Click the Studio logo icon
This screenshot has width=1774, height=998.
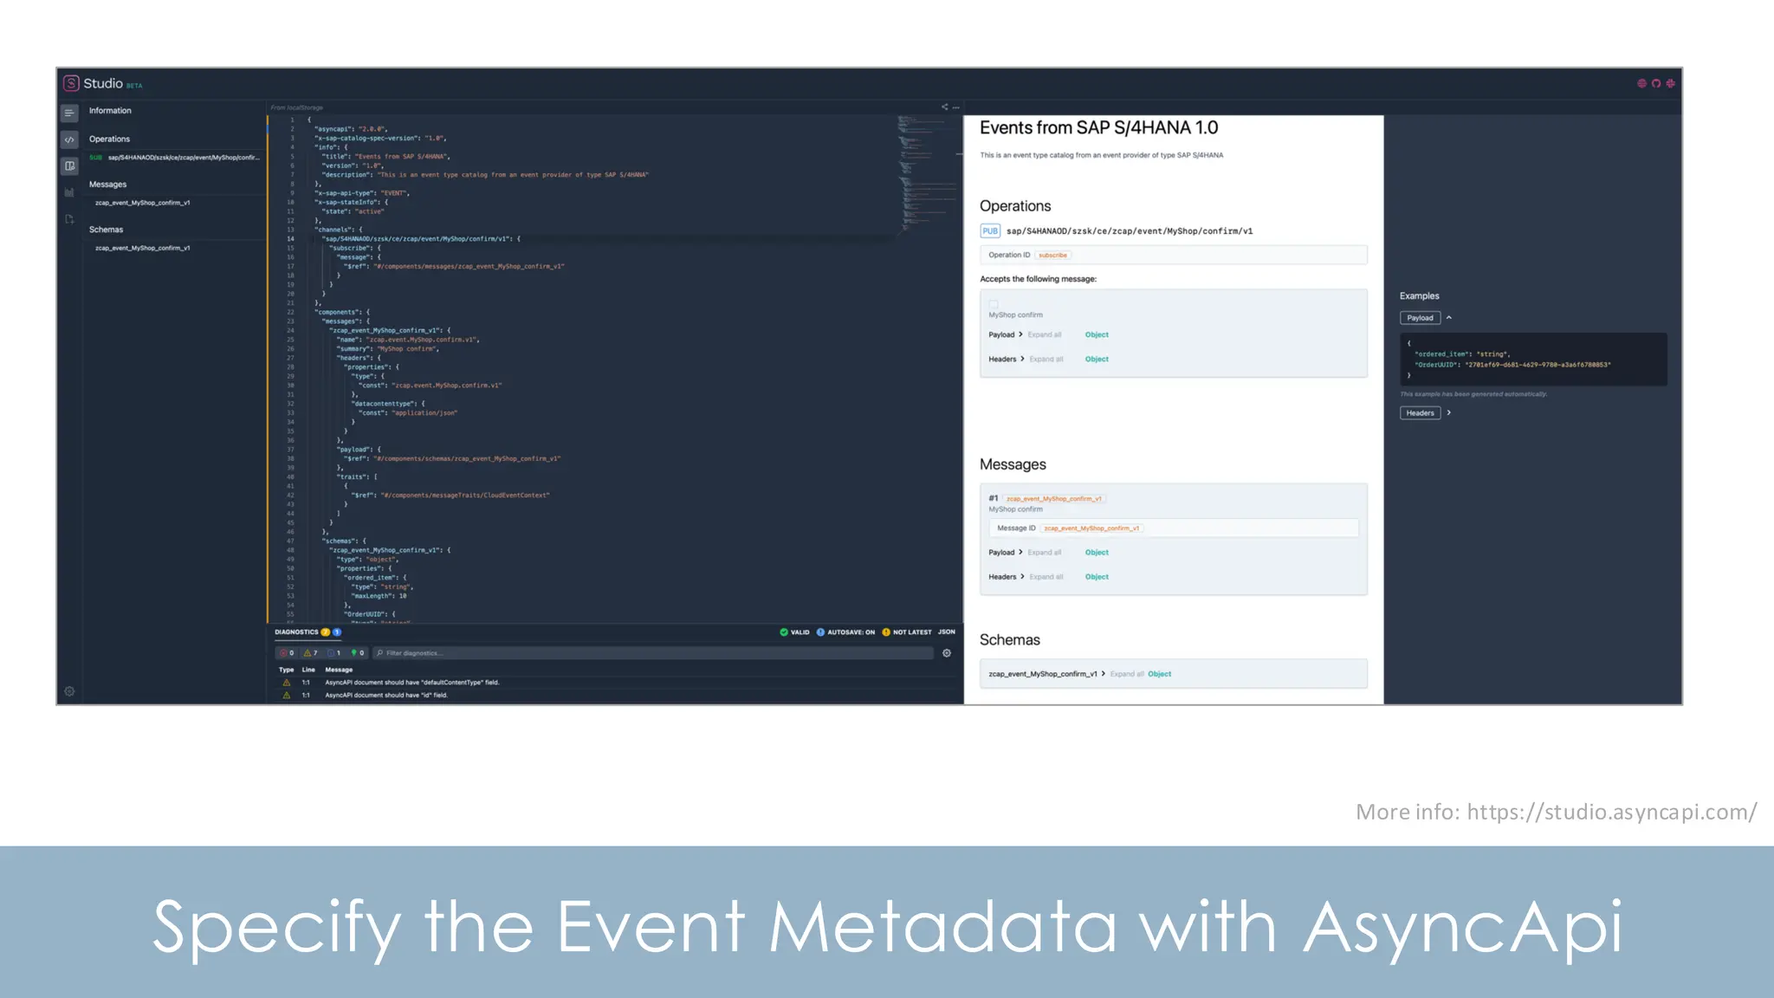[71, 83]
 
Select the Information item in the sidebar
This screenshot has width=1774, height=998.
[110, 111]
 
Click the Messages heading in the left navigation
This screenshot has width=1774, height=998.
[107, 185]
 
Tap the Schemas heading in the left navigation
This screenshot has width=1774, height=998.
[106, 230]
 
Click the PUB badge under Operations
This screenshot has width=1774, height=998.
[990, 231]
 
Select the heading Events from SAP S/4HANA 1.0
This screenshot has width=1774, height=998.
[1098, 128]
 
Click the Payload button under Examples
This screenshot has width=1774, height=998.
[1420, 318]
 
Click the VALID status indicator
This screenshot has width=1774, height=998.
[794, 632]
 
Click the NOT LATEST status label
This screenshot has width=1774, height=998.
[907, 632]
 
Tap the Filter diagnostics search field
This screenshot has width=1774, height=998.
[654, 653]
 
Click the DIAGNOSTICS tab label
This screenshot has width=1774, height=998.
[296, 632]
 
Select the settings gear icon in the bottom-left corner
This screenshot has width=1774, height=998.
[70, 691]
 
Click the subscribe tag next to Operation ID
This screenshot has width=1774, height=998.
[1052, 256]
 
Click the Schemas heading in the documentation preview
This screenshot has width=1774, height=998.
[1009, 640]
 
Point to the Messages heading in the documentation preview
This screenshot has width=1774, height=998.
[1013, 465]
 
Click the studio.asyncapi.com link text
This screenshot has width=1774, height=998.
[1611, 812]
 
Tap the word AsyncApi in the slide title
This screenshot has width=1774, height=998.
[1462, 927]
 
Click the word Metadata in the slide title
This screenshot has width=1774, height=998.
[942, 927]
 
